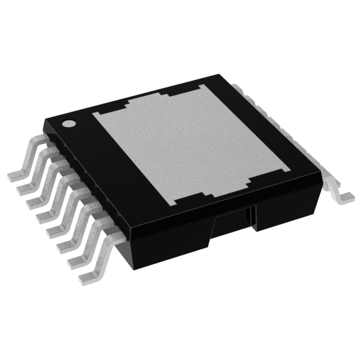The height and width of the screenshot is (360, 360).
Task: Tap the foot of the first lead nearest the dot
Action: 16,175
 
